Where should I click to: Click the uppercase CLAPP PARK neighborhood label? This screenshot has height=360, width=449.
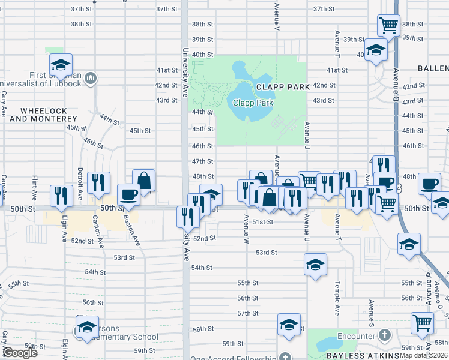coord(283,87)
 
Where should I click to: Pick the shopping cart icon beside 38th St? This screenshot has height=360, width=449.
coord(388,25)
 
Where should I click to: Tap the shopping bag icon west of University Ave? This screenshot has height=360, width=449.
coord(143,179)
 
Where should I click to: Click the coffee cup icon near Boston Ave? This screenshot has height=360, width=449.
coord(128,194)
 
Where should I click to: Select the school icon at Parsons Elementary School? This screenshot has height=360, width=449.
coord(87,326)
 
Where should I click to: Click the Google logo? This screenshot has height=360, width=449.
coord(20,353)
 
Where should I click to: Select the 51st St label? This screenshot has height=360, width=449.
coord(262,222)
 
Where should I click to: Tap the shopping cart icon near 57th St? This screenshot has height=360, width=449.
coord(422,323)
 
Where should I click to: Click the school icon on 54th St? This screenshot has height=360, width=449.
coord(315,265)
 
